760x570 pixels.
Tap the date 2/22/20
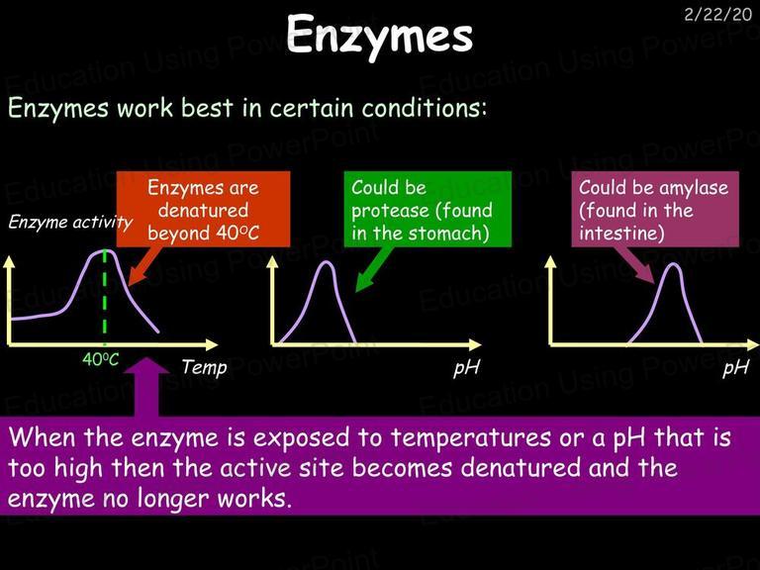(718, 15)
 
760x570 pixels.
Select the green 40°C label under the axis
(100, 359)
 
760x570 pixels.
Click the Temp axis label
(204, 367)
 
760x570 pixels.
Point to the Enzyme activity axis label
(70, 222)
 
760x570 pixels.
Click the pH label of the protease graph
(466, 367)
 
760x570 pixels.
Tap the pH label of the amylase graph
(736, 367)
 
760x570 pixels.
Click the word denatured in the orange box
(203, 210)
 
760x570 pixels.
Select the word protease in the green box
(390, 211)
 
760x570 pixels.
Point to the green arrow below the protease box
(374, 269)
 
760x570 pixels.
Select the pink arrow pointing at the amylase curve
(634, 265)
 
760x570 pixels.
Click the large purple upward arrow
(146, 387)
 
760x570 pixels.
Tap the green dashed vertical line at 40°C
(105, 297)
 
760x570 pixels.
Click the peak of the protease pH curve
(327, 262)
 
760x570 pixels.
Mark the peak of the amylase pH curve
(673, 264)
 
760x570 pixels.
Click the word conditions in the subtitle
(425, 108)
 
